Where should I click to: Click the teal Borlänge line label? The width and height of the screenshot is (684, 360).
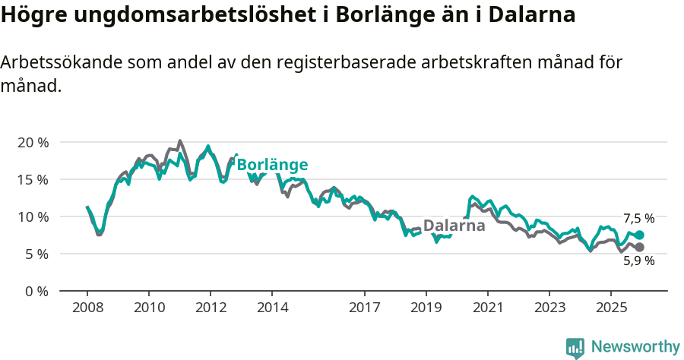272,165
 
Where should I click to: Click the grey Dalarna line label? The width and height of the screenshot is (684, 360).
454,226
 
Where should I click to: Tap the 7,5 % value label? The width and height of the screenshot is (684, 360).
638,219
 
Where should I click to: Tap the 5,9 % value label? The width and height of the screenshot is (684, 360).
638,261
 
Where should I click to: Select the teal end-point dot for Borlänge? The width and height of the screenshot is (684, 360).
640,235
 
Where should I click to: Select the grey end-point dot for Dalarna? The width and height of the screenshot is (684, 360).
640,248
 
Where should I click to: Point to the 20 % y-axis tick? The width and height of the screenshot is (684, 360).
32,142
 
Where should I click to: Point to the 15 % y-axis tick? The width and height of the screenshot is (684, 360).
32,179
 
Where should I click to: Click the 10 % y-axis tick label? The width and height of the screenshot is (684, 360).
32,216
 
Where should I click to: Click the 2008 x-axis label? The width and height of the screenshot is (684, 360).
87,308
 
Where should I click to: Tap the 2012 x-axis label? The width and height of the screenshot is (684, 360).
211,308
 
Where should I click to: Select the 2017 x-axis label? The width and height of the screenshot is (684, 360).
365,308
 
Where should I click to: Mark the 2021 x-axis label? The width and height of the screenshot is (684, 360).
488,308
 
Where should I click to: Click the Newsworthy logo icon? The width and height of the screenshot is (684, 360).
575,348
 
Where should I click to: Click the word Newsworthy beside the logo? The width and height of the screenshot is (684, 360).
635,347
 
